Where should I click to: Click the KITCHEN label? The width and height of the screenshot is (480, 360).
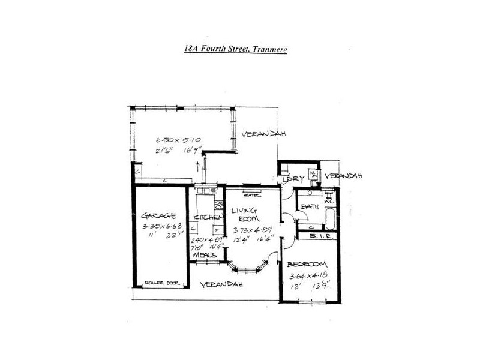tap(205, 216)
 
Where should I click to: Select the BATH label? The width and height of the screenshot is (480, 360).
tap(310, 206)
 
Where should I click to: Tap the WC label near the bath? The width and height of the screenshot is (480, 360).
tap(328, 200)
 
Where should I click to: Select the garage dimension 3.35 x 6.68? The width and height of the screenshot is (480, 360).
tap(161, 226)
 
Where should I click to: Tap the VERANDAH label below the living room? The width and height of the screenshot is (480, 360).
tap(221, 285)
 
